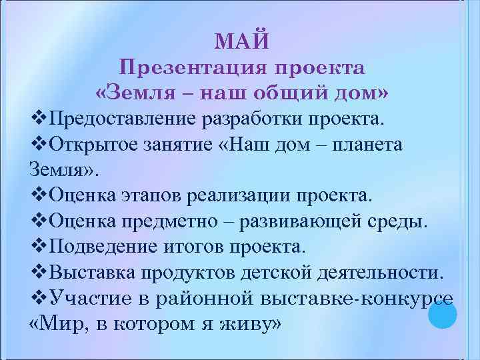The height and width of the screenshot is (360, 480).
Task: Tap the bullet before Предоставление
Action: click(39, 119)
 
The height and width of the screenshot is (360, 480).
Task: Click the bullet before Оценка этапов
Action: click(39, 195)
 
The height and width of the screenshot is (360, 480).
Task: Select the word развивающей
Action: click(306, 220)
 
